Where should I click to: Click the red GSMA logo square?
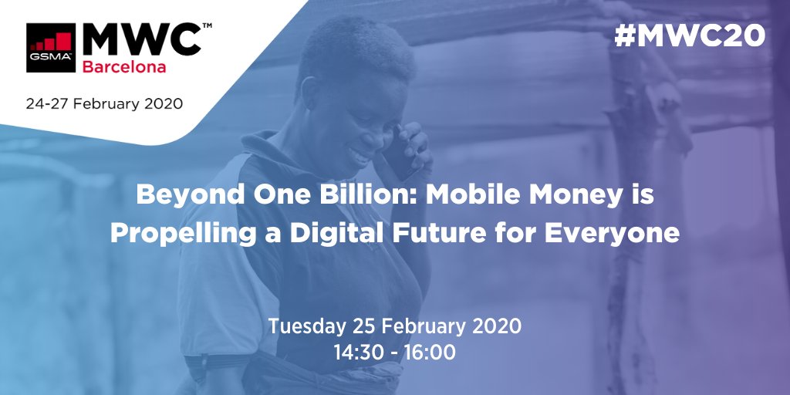coord(50,47)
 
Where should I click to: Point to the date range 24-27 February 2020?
coord(104,103)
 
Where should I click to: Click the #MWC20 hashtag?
coord(689,35)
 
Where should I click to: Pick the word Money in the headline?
coord(567,196)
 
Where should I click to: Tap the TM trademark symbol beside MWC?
coord(207,25)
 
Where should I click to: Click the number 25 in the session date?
coord(364,326)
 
